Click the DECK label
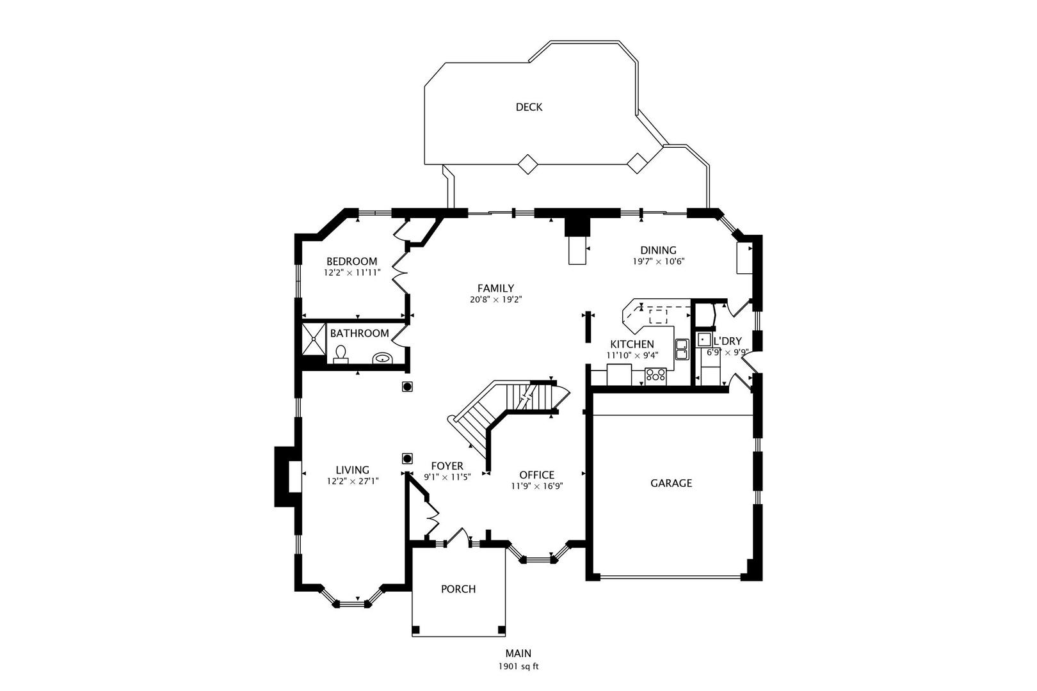point(529,107)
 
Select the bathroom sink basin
point(382,358)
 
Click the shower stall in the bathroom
point(314,339)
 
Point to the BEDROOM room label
point(352,262)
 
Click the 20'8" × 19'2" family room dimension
point(496,299)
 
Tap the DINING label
point(658,250)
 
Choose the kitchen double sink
point(682,349)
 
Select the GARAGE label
point(671,483)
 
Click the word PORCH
point(458,589)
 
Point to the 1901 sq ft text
point(518,667)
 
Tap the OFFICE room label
point(537,475)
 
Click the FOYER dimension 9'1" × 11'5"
point(447,477)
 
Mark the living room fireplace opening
point(295,476)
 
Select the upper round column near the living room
point(407,386)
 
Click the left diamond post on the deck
point(527,164)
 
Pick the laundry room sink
point(704,339)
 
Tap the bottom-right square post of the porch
point(501,630)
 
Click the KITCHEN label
point(632,344)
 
